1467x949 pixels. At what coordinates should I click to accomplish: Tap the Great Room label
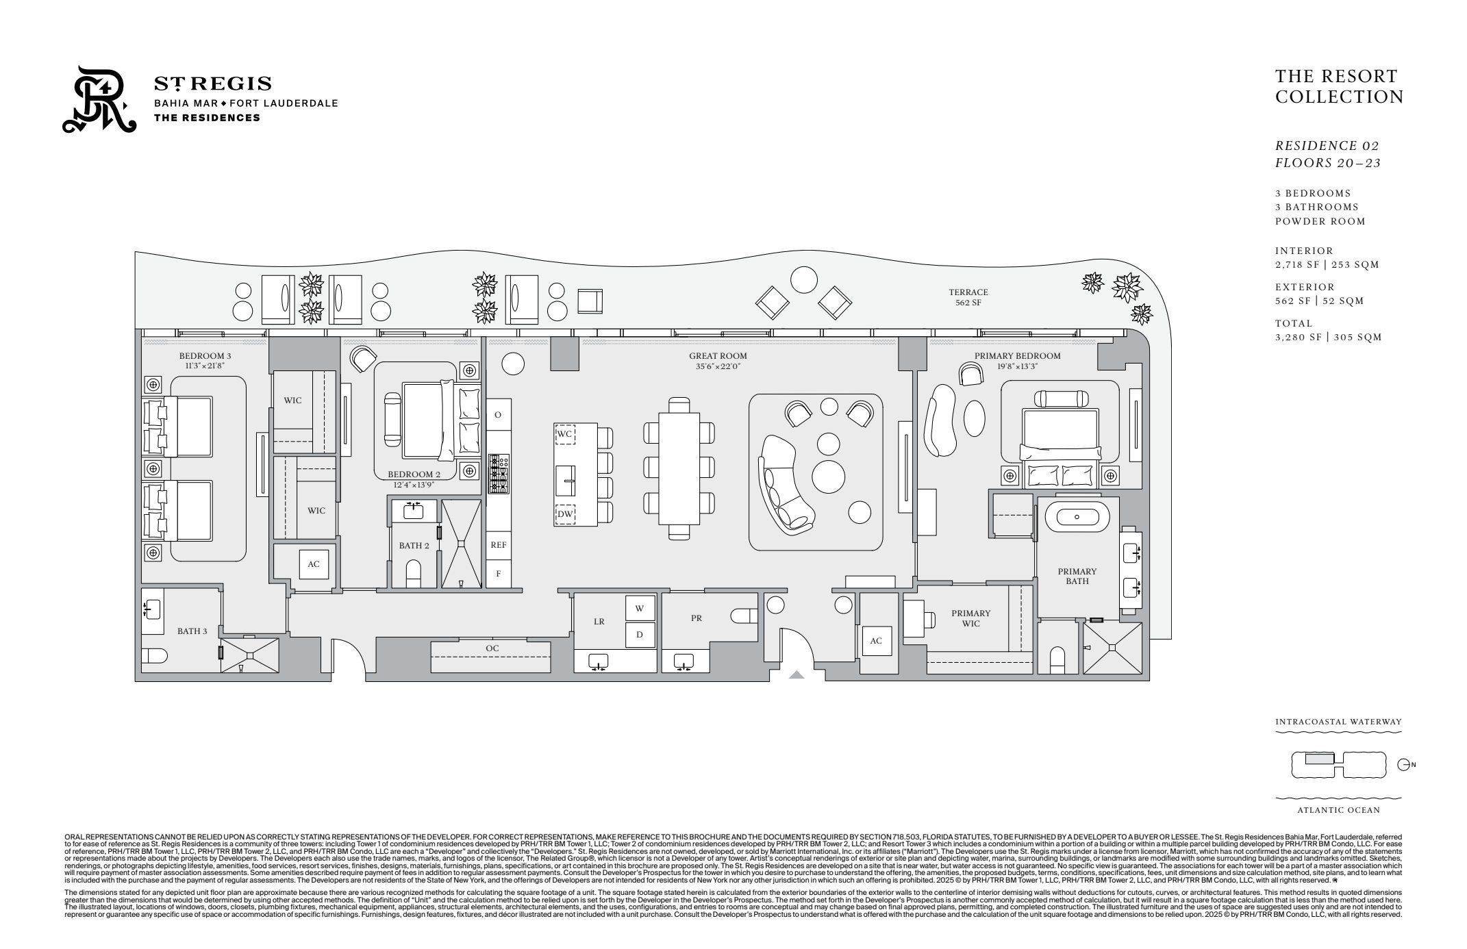(x=718, y=356)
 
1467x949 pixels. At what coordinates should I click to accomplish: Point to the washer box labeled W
(x=640, y=608)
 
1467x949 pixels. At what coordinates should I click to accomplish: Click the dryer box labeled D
(x=640, y=635)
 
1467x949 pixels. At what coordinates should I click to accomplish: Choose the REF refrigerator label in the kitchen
(x=499, y=545)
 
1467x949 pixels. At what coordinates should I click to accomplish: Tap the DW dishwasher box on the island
(x=565, y=514)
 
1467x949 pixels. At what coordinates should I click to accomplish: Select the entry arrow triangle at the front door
(x=796, y=675)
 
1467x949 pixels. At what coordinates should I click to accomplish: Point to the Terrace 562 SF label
(x=968, y=297)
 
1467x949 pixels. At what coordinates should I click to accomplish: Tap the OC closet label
(x=492, y=648)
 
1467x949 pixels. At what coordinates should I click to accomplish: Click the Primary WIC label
(x=970, y=618)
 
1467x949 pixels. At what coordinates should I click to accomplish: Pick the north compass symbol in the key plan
(x=1403, y=765)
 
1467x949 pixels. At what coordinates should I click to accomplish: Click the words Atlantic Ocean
(x=1338, y=810)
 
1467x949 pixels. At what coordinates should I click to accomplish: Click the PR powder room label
(x=696, y=618)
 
